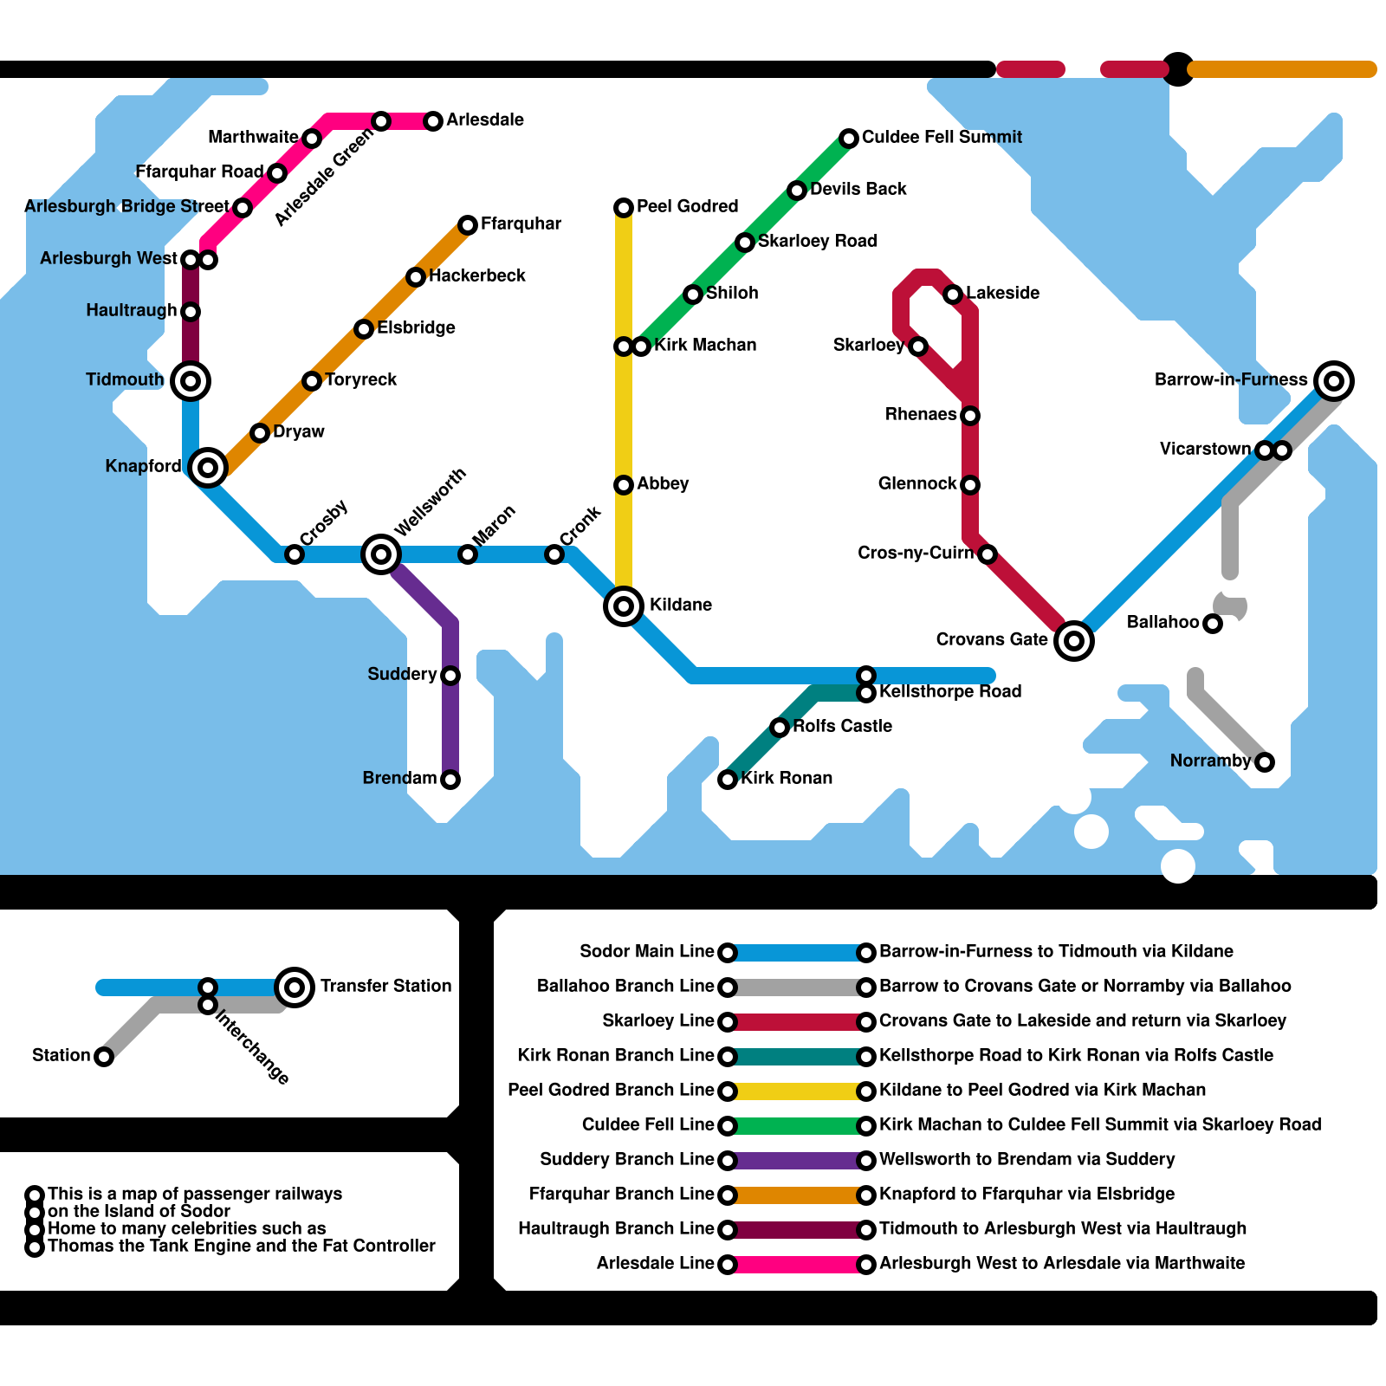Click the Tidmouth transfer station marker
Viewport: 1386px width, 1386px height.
pyautogui.click(x=191, y=380)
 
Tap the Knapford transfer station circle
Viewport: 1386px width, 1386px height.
pyautogui.click(x=208, y=468)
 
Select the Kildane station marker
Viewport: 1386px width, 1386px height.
pyautogui.click(x=624, y=606)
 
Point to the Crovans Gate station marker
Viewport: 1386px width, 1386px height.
pyautogui.click(x=1074, y=641)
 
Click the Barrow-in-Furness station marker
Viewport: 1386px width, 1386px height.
pyautogui.click(x=1334, y=380)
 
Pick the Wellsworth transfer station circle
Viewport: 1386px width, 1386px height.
pyautogui.click(x=381, y=554)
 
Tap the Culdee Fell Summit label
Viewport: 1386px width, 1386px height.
pyautogui.click(x=942, y=137)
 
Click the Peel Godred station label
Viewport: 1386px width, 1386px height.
pyautogui.click(x=687, y=206)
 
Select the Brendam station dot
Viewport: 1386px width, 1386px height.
pyautogui.click(x=450, y=780)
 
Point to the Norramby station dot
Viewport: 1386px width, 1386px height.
pyautogui.click(x=1265, y=762)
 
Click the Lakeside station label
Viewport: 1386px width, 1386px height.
pyautogui.click(x=1002, y=293)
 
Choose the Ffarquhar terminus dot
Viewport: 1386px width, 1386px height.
pyautogui.click(x=468, y=225)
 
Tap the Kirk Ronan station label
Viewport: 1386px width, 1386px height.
pyautogui.click(x=787, y=778)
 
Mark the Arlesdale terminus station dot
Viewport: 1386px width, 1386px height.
pyautogui.click(x=433, y=121)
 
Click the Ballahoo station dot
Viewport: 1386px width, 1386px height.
pyautogui.click(x=1213, y=624)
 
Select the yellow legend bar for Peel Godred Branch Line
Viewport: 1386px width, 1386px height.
pyautogui.click(x=797, y=1091)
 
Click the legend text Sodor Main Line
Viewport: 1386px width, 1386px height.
pyautogui.click(x=646, y=951)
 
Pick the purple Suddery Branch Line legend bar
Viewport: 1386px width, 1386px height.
pyautogui.click(x=797, y=1160)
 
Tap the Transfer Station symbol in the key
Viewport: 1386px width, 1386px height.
pyautogui.click(x=295, y=987)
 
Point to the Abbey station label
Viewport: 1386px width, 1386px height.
pyautogui.click(x=663, y=483)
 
